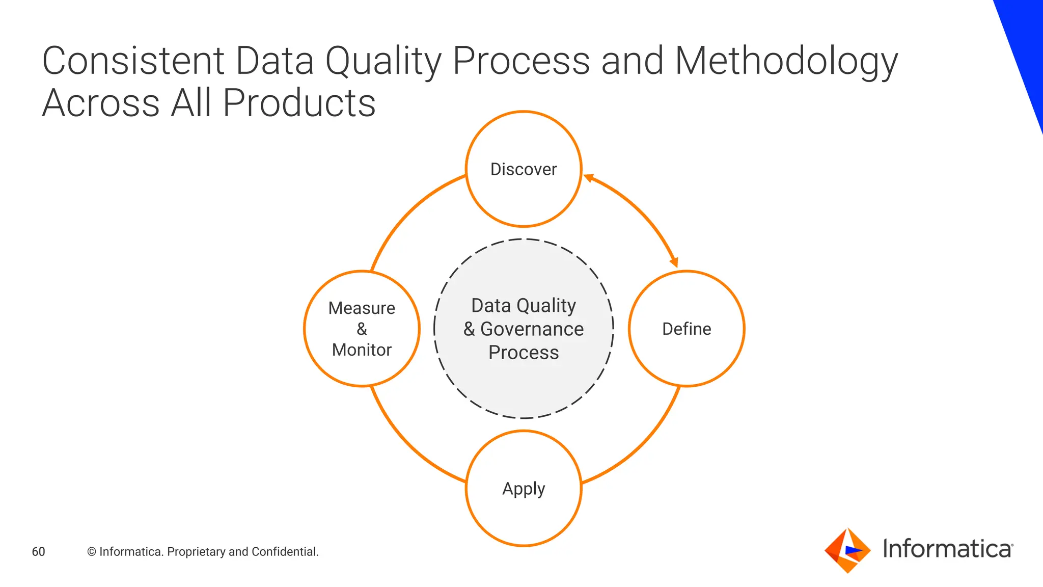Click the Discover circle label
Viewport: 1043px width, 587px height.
tap(524, 169)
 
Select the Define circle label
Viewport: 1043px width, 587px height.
tap(687, 329)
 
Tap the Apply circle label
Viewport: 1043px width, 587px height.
tap(524, 488)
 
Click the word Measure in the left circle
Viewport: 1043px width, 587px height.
tap(362, 308)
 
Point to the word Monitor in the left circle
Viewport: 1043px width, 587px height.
tap(362, 350)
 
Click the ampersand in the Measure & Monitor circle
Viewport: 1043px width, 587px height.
tap(362, 329)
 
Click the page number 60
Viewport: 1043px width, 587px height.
tap(38, 551)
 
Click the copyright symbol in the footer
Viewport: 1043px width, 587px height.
tap(92, 552)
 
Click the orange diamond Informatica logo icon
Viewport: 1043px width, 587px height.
tap(847, 551)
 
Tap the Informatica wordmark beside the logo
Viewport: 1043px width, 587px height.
tap(947, 549)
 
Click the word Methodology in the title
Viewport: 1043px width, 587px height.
tap(786, 61)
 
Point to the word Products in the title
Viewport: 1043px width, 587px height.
tap(299, 103)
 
